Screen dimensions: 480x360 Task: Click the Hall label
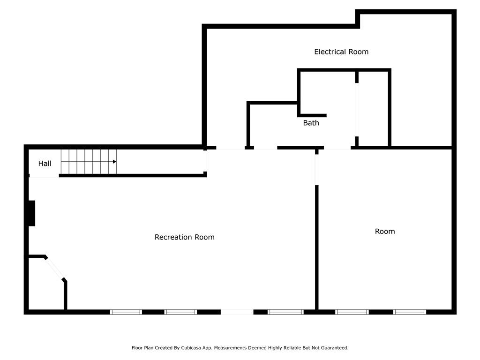point(45,164)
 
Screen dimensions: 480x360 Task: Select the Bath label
point(311,123)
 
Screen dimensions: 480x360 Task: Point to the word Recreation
point(173,237)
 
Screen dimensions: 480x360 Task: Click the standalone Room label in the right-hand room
point(385,231)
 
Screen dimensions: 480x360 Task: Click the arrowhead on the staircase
point(114,162)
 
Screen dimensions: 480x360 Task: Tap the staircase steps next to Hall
point(89,162)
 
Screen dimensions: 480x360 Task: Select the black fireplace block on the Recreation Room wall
point(32,213)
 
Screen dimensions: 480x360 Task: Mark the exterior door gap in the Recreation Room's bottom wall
point(237,312)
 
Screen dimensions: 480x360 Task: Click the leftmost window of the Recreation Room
point(126,312)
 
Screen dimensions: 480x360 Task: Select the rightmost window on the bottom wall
point(410,312)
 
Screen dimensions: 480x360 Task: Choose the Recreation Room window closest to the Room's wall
point(285,312)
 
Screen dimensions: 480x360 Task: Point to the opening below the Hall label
point(44,176)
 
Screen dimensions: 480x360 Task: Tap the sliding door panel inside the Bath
point(357,110)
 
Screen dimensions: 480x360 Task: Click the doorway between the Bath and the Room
point(337,148)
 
